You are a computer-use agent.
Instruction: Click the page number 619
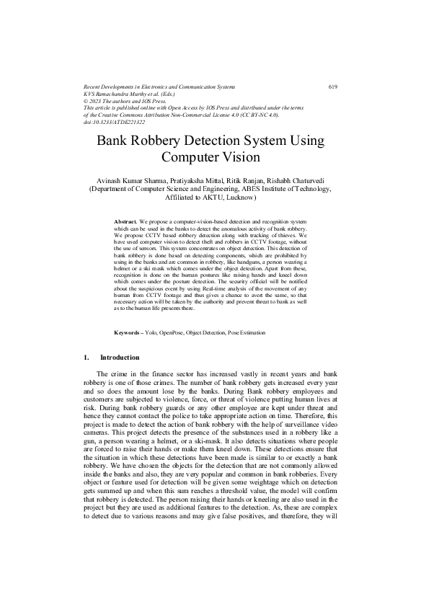332,87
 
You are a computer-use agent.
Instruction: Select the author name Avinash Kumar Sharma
126,178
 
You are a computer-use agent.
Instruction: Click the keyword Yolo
151,332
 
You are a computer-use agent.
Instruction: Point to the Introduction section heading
120,358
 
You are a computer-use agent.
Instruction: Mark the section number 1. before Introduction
87,358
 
